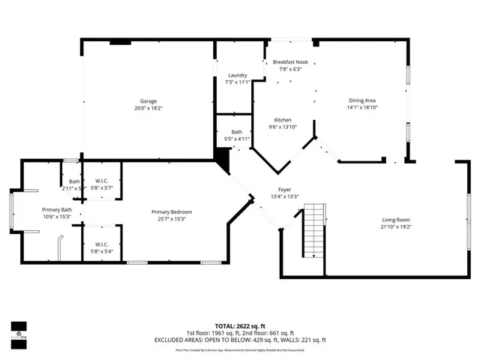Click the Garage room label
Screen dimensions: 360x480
click(x=148, y=100)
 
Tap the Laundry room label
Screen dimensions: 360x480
click(x=237, y=75)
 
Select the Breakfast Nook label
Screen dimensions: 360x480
click(x=290, y=62)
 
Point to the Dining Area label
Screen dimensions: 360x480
click(x=362, y=100)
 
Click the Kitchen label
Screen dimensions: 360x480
click(x=283, y=120)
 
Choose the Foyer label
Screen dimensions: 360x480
click(x=284, y=190)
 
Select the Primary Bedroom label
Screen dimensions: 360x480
click(x=171, y=212)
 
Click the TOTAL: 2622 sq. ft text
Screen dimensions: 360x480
click(x=240, y=327)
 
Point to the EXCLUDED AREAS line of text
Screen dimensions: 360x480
click(x=240, y=340)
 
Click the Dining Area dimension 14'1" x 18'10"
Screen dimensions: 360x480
click(x=362, y=108)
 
